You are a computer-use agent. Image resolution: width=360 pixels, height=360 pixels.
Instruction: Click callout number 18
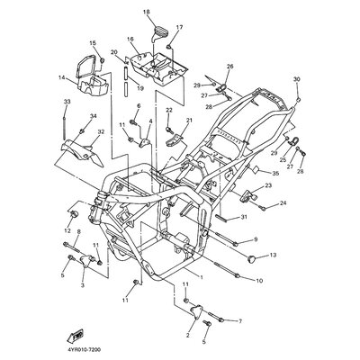[x=147, y=12]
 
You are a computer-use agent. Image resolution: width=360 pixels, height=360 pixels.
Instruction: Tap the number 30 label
[x=297, y=80]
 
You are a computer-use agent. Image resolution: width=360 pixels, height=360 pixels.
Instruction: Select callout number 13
[x=273, y=256]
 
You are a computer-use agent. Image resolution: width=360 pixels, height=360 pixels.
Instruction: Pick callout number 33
[x=66, y=103]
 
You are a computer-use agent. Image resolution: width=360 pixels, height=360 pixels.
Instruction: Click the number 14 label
[x=62, y=78]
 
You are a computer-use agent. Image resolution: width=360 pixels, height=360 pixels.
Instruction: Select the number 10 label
[x=258, y=281]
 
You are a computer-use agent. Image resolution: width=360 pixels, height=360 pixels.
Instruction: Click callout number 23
[x=268, y=185]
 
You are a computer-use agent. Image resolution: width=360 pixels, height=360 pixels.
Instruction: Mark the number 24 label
[x=283, y=203]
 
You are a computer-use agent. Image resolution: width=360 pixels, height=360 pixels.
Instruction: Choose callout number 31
[x=243, y=218]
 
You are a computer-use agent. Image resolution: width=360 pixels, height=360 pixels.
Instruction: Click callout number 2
[x=186, y=335]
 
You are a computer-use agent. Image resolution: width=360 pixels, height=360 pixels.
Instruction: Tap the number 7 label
[x=240, y=320]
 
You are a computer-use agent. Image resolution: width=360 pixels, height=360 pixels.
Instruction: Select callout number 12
[x=66, y=231]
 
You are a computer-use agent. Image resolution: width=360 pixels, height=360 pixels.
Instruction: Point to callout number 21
[x=190, y=121]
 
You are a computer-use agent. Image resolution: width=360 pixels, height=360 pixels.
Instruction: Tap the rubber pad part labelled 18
[x=159, y=34]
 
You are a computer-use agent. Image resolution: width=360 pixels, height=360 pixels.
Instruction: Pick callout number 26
[x=229, y=67]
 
